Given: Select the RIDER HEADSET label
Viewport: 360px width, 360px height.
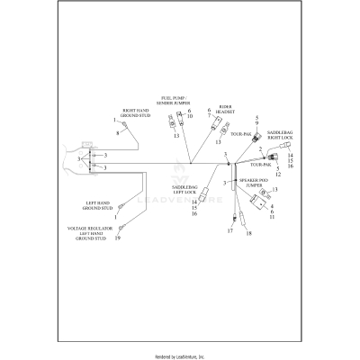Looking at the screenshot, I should click(225, 110).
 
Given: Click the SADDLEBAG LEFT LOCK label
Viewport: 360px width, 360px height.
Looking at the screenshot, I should click(185, 190).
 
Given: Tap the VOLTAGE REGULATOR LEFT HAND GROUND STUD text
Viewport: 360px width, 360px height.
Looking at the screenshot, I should click(91, 234).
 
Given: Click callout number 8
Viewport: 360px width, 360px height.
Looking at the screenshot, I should click(117, 133).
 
